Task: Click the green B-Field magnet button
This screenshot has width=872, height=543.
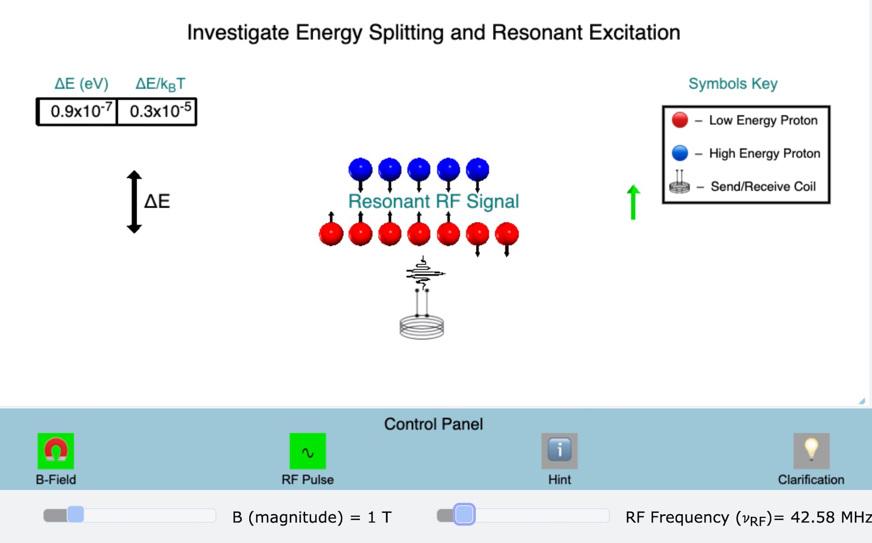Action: click(x=56, y=451)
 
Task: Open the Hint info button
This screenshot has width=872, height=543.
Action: click(x=559, y=451)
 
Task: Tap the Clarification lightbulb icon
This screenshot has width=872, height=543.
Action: click(x=811, y=451)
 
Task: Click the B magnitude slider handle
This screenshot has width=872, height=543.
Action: click(x=75, y=515)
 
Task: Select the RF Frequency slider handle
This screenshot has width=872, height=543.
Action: click(x=464, y=515)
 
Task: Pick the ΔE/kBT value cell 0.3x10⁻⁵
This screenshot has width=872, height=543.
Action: click(x=157, y=111)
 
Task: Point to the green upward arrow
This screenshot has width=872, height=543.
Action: click(x=633, y=202)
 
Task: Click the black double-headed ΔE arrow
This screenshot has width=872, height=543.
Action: click(x=134, y=202)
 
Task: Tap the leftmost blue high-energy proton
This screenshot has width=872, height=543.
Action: click(x=360, y=170)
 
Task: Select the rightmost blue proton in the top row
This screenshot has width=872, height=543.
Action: click(x=477, y=170)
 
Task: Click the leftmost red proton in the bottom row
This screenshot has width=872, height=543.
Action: click(x=331, y=234)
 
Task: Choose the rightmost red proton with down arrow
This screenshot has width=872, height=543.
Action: click(x=507, y=234)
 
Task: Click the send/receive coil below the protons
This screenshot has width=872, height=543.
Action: click(x=422, y=326)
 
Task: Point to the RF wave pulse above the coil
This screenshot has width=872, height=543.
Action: click(x=424, y=274)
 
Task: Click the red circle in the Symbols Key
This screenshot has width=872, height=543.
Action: click(x=680, y=120)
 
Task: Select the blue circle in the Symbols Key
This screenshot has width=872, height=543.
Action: click(x=680, y=153)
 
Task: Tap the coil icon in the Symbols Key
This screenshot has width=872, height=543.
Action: click(x=679, y=184)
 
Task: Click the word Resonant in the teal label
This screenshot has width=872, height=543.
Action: click(x=389, y=201)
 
